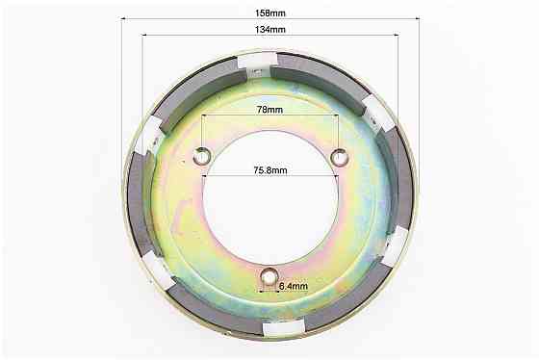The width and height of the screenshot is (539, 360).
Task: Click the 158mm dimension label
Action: (269, 13)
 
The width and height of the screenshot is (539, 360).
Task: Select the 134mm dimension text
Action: (269, 30)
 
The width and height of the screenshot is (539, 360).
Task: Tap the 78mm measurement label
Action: (269, 110)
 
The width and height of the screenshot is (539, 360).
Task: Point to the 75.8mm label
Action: (270, 170)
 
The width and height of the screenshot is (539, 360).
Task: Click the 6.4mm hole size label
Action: (294, 286)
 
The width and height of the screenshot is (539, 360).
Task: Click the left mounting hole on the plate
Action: (202, 157)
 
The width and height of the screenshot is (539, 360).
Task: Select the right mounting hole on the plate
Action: (339, 157)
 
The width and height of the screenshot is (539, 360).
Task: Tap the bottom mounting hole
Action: (269, 276)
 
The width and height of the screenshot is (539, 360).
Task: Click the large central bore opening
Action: (270, 197)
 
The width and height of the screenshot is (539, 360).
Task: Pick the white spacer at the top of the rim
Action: (258, 62)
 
